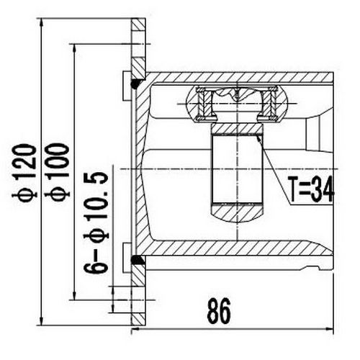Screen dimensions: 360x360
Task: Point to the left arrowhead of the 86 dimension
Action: (x=137, y=331)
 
